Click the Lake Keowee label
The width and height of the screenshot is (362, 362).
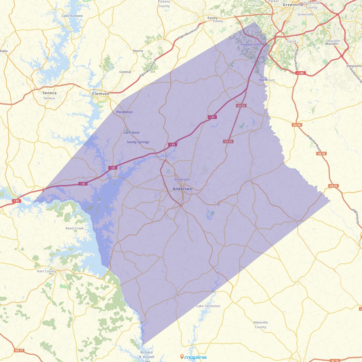(x=72, y=16)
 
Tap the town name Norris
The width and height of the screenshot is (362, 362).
(x=138, y=51)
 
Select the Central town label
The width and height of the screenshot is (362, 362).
(x=125, y=72)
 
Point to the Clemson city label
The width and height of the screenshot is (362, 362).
(x=100, y=94)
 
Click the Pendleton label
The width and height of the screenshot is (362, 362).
(x=125, y=112)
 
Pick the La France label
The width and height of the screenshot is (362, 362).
(x=132, y=132)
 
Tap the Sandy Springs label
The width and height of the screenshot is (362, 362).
(x=138, y=142)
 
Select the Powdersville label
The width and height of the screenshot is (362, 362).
(x=251, y=45)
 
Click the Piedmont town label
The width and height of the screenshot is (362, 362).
(x=267, y=80)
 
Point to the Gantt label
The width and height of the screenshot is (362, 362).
(x=292, y=41)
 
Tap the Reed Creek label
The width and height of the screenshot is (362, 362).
(x=75, y=228)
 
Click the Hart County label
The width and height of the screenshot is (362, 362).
(x=46, y=271)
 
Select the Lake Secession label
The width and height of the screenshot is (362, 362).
(x=208, y=306)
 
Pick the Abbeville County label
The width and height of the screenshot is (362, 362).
(x=261, y=325)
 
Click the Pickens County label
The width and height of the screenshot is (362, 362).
(x=164, y=4)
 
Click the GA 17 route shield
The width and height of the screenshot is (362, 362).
(x=19, y=351)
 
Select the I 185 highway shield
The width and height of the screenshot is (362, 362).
(x=300, y=73)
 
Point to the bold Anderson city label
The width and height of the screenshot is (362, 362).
(x=182, y=189)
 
